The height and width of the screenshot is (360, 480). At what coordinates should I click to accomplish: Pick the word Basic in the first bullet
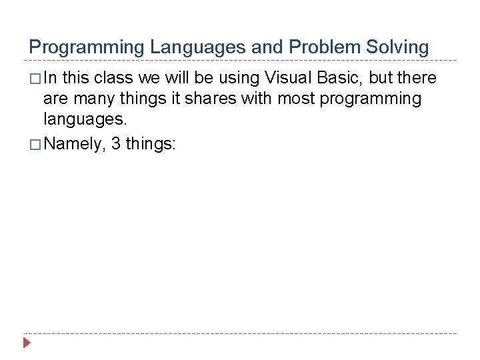(338, 78)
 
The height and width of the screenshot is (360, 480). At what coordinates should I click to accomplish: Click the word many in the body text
(91, 99)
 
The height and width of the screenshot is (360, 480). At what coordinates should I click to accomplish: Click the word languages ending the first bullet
(84, 121)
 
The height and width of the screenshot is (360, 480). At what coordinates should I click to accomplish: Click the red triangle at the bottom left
(27, 343)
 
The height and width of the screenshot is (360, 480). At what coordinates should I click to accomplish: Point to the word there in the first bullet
(417, 78)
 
